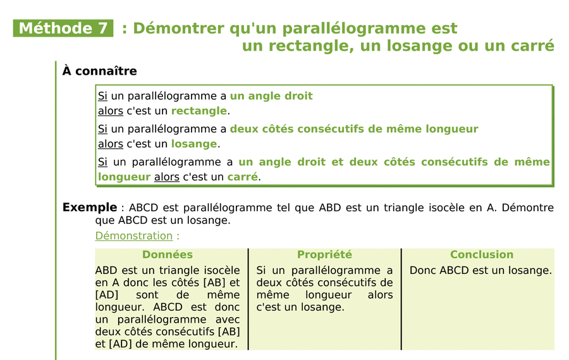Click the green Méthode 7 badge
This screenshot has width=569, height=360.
[x=63, y=28]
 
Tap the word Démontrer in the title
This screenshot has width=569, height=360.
[x=169, y=28]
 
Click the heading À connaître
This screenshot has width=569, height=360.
[x=99, y=71]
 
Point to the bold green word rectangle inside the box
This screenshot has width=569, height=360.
[x=199, y=111]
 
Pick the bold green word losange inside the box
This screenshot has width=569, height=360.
[x=193, y=144]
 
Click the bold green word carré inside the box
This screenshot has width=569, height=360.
[x=242, y=177]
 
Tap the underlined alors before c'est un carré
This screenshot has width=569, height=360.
[x=167, y=177]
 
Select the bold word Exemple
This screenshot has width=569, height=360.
[x=89, y=208]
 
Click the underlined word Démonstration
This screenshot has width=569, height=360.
[x=133, y=235]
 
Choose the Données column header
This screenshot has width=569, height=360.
[x=168, y=254]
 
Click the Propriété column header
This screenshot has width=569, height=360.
[x=324, y=254]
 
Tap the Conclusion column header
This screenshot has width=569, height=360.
[x=482, y=254]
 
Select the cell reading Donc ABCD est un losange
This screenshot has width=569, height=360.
[x=480, y=270]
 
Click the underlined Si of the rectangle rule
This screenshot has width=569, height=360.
[x=102, y=96]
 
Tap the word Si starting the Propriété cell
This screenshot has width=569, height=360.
[x=262, y=270]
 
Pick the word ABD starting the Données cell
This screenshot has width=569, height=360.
[x=107, y=270]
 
